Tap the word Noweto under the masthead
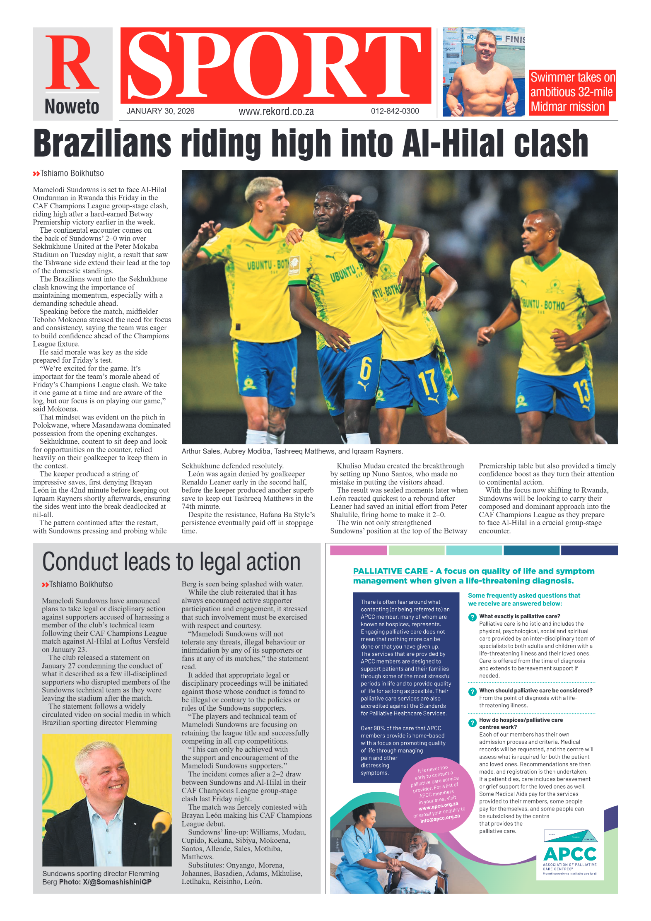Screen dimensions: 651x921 (72, 107)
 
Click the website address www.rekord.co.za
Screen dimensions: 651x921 (276, 111)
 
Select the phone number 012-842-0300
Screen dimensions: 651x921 (395, 111)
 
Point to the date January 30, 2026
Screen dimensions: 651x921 (160, 111)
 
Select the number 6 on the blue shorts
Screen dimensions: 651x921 (365, 368)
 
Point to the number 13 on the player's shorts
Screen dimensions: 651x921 (581, 391)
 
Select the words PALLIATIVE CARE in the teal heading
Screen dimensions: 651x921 (390, 571)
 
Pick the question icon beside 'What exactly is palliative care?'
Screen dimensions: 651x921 (472, 617)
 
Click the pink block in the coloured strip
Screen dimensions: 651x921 (358, 550)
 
